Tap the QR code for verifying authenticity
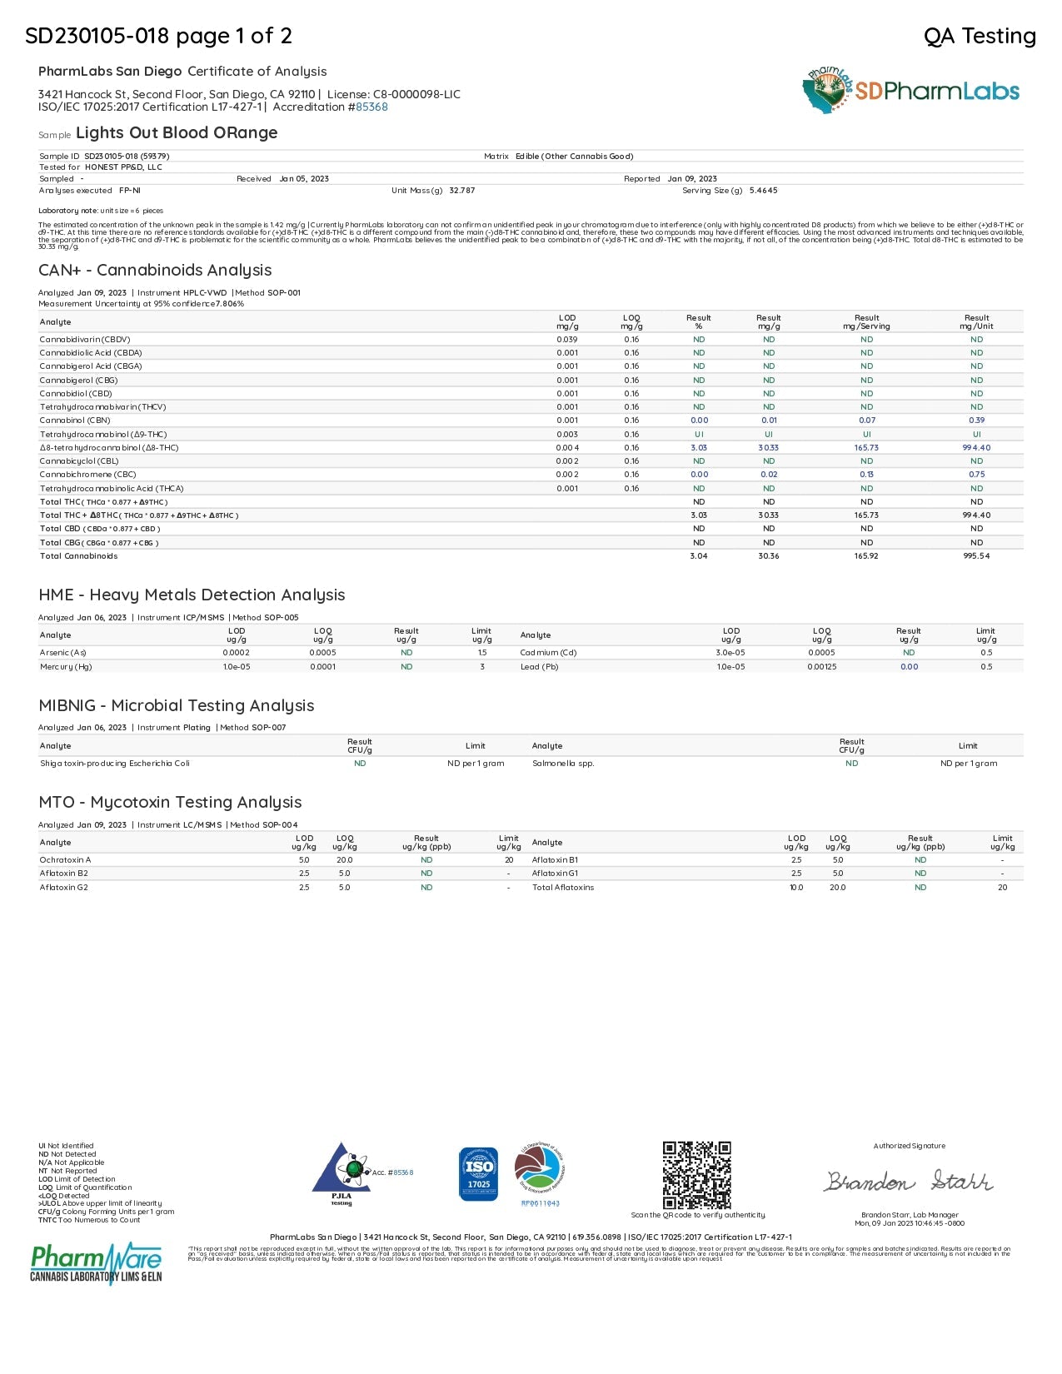[696, 1175]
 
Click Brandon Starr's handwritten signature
[909, 1181]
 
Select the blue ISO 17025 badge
[478, 1174]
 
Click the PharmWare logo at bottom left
[96, 1263]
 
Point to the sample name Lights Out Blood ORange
[177, 133]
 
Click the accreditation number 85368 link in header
[371, 107]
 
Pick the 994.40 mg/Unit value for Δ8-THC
[976, 448]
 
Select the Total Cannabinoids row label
[79, 556]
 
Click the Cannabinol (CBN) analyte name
[75, 421]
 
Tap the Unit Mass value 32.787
[461, 191]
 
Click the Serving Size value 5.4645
[763, 191]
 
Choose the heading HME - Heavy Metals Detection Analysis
[192, 595]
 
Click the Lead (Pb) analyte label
[539, 667]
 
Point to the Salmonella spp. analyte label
[563, 764]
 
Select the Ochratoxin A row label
[65, 860]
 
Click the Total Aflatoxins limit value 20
[1002, 888]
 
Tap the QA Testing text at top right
[980, 36]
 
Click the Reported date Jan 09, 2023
[691, 179]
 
